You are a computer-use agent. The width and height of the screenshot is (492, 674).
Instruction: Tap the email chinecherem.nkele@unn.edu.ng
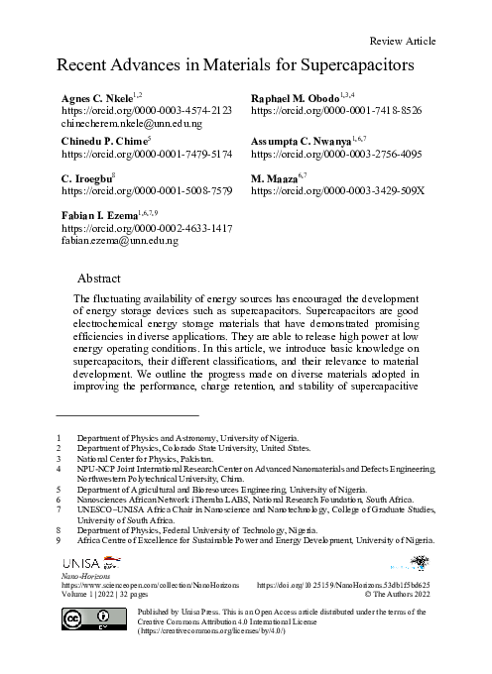(131, 125)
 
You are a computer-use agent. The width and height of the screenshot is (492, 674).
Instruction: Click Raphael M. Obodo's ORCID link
(337, 112)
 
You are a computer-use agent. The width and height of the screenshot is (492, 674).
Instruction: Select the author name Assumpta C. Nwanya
(307, 142)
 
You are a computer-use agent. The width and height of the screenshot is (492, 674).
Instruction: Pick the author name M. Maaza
(279, 175)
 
